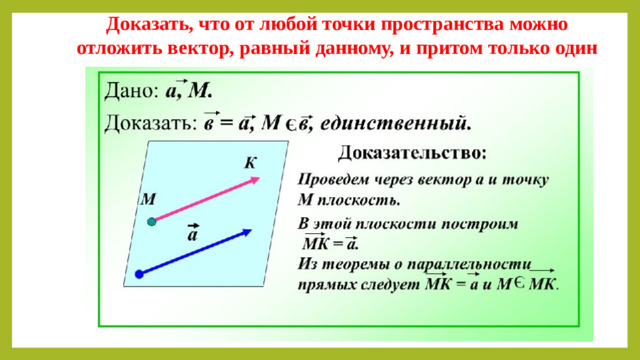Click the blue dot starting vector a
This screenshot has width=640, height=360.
141,272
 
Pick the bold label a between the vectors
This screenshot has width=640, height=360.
192,237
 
